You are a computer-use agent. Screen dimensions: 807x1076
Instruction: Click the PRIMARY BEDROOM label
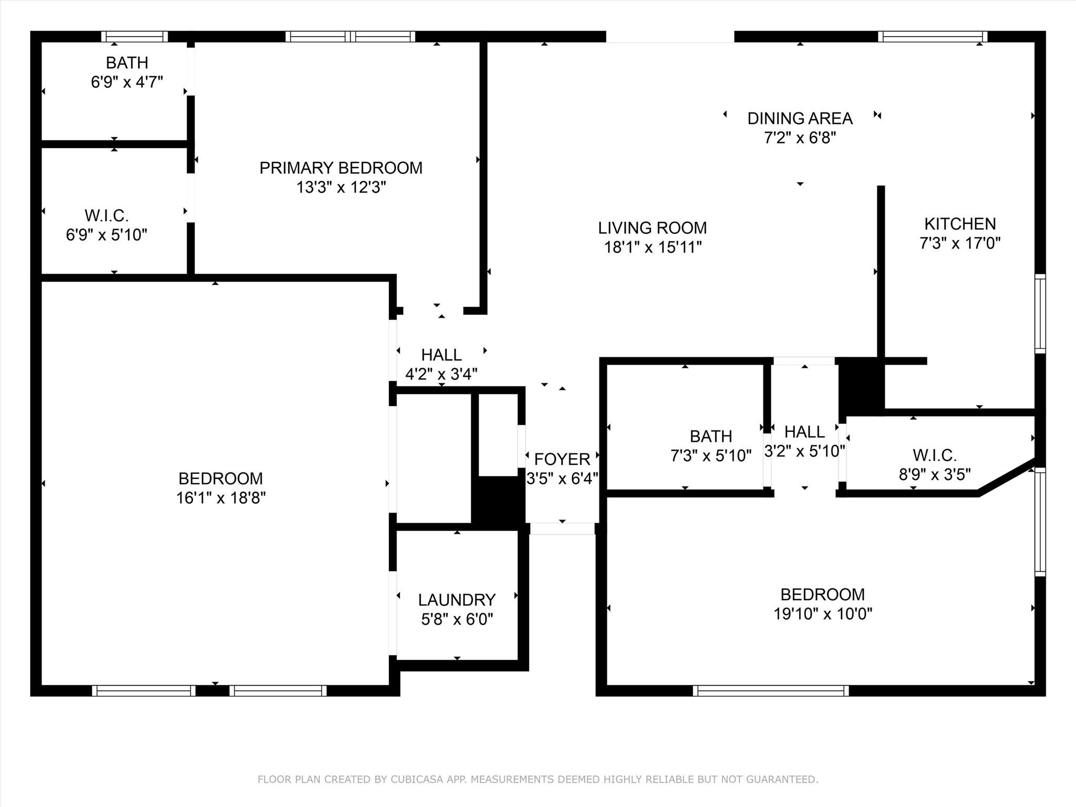coord(340,168)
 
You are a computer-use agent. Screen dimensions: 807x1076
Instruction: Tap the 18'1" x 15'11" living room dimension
coord(653,247)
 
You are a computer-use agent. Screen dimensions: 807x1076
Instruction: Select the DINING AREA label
coord(800,119)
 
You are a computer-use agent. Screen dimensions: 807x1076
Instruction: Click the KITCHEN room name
coord(960,224)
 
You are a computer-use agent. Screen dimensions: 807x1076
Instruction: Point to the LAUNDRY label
coord(457,600)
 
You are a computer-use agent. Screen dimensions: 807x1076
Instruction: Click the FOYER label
coord(562,460)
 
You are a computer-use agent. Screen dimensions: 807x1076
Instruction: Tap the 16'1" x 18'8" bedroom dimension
coord(221,498)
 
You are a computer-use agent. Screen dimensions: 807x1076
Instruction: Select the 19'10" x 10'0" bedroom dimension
coord(822,614)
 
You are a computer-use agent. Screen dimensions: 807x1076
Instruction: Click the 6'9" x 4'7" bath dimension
coord(127,82)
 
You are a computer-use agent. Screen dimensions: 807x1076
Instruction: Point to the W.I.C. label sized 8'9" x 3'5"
coord(934,455)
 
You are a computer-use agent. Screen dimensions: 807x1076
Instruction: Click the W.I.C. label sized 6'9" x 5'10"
coord(107,216)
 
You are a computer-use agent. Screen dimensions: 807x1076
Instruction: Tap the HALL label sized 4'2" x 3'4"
coord(441,355)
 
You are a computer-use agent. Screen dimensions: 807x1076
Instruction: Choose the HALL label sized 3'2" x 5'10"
coord(804,432)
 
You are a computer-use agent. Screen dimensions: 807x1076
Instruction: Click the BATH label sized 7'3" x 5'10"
coord(710,437)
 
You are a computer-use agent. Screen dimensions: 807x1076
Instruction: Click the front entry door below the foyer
coord(562,529)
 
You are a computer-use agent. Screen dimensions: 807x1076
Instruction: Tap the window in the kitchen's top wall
coord(932,37)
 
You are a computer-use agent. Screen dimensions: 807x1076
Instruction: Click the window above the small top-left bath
coord(134,37)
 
